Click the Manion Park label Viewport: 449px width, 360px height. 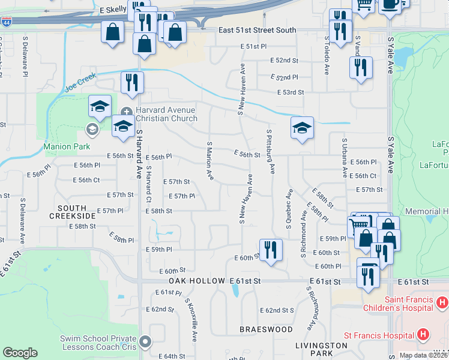[x=66, y=146]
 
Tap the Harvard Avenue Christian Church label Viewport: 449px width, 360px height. [x=166, y=114]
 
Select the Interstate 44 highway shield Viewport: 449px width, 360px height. [x=6, y=22]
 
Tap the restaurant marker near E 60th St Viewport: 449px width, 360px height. [x=271, y=249]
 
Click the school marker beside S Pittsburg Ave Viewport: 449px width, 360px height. [x=302, y=127]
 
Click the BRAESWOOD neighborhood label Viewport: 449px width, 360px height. [x=266, y=329]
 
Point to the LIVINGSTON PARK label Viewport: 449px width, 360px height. [x=321, y=350]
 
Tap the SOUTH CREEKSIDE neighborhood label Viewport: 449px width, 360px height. [x=77, y=211]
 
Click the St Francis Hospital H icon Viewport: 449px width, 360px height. [x=423, y=334]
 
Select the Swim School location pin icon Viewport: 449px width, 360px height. [x=145, y=342]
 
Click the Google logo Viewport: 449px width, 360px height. [x=20, y=353]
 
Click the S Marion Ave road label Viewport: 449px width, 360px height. [x=210, y=161]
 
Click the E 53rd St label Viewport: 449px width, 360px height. [x=291, y=92]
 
